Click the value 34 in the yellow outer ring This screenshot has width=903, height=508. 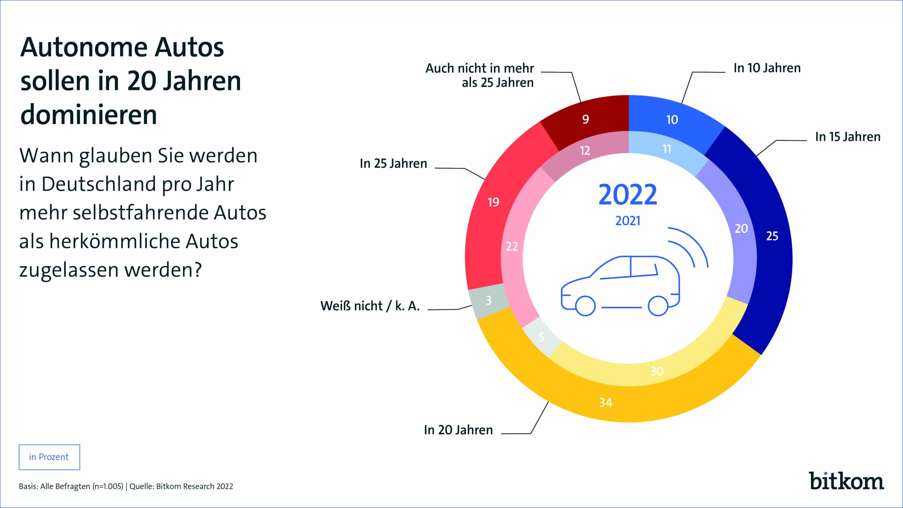coord(606,403)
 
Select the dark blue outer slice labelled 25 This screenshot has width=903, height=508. coord(772,236)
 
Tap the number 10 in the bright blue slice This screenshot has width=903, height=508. coord(672,120)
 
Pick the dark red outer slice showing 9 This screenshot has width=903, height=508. coord(585,119)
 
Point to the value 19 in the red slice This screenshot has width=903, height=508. coord(493,202)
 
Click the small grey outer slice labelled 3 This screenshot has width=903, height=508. coord(488,300)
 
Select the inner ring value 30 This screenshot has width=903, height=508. coord(657,371)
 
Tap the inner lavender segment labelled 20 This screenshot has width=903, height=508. coord(741,229)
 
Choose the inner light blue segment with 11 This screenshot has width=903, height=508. coord(667,149)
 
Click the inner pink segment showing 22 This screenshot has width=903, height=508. coord(512,246)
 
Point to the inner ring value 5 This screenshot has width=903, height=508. coord(541,337)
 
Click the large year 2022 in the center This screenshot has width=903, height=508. coord(628,195)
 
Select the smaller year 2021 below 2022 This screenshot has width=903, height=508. coord(628,221)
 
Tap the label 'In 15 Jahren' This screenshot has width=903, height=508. coord(848,137)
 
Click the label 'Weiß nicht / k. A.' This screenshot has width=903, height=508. coord(370,306)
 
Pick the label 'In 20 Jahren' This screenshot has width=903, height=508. coord(458,430)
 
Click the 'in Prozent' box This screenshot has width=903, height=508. coord(49,457)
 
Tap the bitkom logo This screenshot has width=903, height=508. coord(846,481)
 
